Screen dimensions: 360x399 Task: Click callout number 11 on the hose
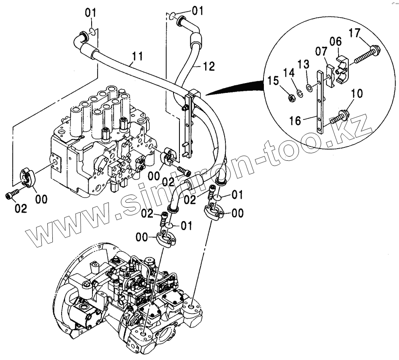click(137, 56)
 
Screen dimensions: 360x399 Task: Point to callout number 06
click(335, 41)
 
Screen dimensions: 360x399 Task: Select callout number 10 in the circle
click(356, 94)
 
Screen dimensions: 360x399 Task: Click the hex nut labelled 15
click(291, 98)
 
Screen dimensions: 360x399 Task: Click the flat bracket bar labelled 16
click(321, 106)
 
